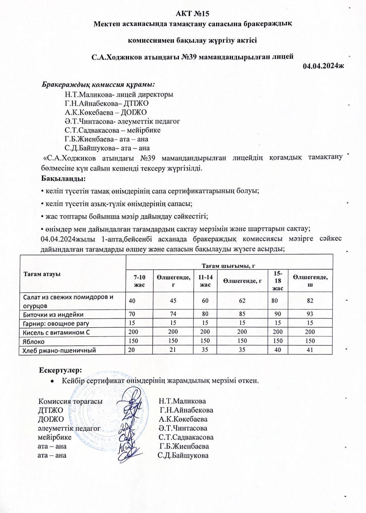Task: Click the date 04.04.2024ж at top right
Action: (324, 66)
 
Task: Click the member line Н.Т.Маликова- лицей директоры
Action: (119, 94)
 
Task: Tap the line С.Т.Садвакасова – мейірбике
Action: (113, 130)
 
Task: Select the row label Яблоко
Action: (33, 341)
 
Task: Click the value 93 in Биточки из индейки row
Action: (310, 314)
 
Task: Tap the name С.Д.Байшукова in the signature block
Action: (183, 455)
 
